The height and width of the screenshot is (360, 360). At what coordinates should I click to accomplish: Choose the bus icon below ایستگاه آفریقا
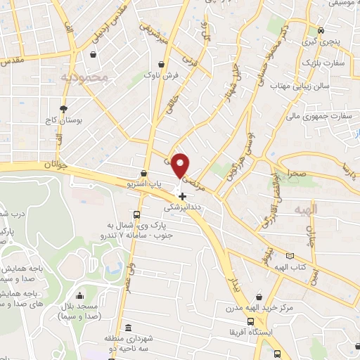pos(278,354)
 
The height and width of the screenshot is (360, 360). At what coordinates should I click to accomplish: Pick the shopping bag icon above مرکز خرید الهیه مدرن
pos(261,298)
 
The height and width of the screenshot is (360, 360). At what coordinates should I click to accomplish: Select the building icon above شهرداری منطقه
pos(128,328)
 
